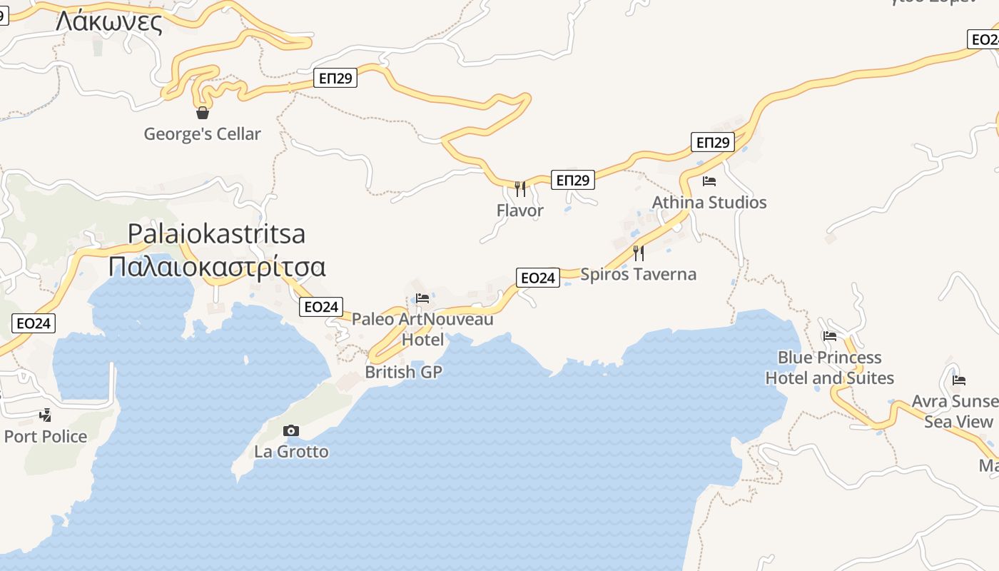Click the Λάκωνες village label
coord(108,22)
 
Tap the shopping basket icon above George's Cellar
coord(203,112)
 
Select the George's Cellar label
coord(203,133)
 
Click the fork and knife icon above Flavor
coord(520,188)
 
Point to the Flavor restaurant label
coord(520,211)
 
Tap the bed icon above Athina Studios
coord(709,181)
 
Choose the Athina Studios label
coord(709,202)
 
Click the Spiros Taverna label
coord(638,274)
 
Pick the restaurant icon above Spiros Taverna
coord(638,253)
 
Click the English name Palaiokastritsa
coord(216,233)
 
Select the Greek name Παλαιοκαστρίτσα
coord(217,266)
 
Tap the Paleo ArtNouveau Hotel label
coord(422,329)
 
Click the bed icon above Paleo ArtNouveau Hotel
coord(422,298)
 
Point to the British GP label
coord(404,372)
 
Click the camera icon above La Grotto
coord(291,430)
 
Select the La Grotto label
coord(291,452)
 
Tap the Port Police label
coord(46,436)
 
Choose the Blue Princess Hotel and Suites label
coord(829,368)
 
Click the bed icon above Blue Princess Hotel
coord(829,335)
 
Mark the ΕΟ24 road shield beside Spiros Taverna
coord(538,278)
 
